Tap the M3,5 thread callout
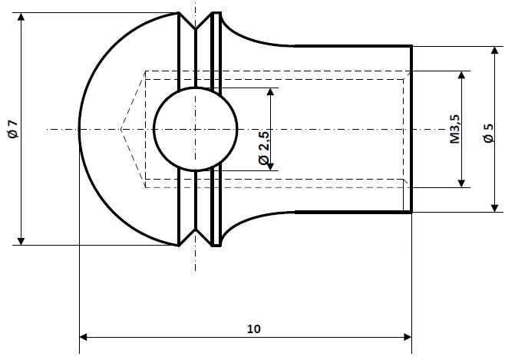click(x=454, y=129)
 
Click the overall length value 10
click(x=254, y=328)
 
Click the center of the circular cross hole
click(x=195, y=129)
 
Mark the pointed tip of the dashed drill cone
click(x=120, y=129)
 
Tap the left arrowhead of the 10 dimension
click(x=84, y=336)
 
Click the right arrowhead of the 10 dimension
click(x=407, y=336)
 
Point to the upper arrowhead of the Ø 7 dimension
click(x=21, y=18)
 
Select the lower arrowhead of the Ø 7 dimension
click(x=21, y=240)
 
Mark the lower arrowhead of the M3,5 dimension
click(x=462, y=182)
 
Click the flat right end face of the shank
click(x=411, y=129)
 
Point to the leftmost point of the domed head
click(x=80, y=129)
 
